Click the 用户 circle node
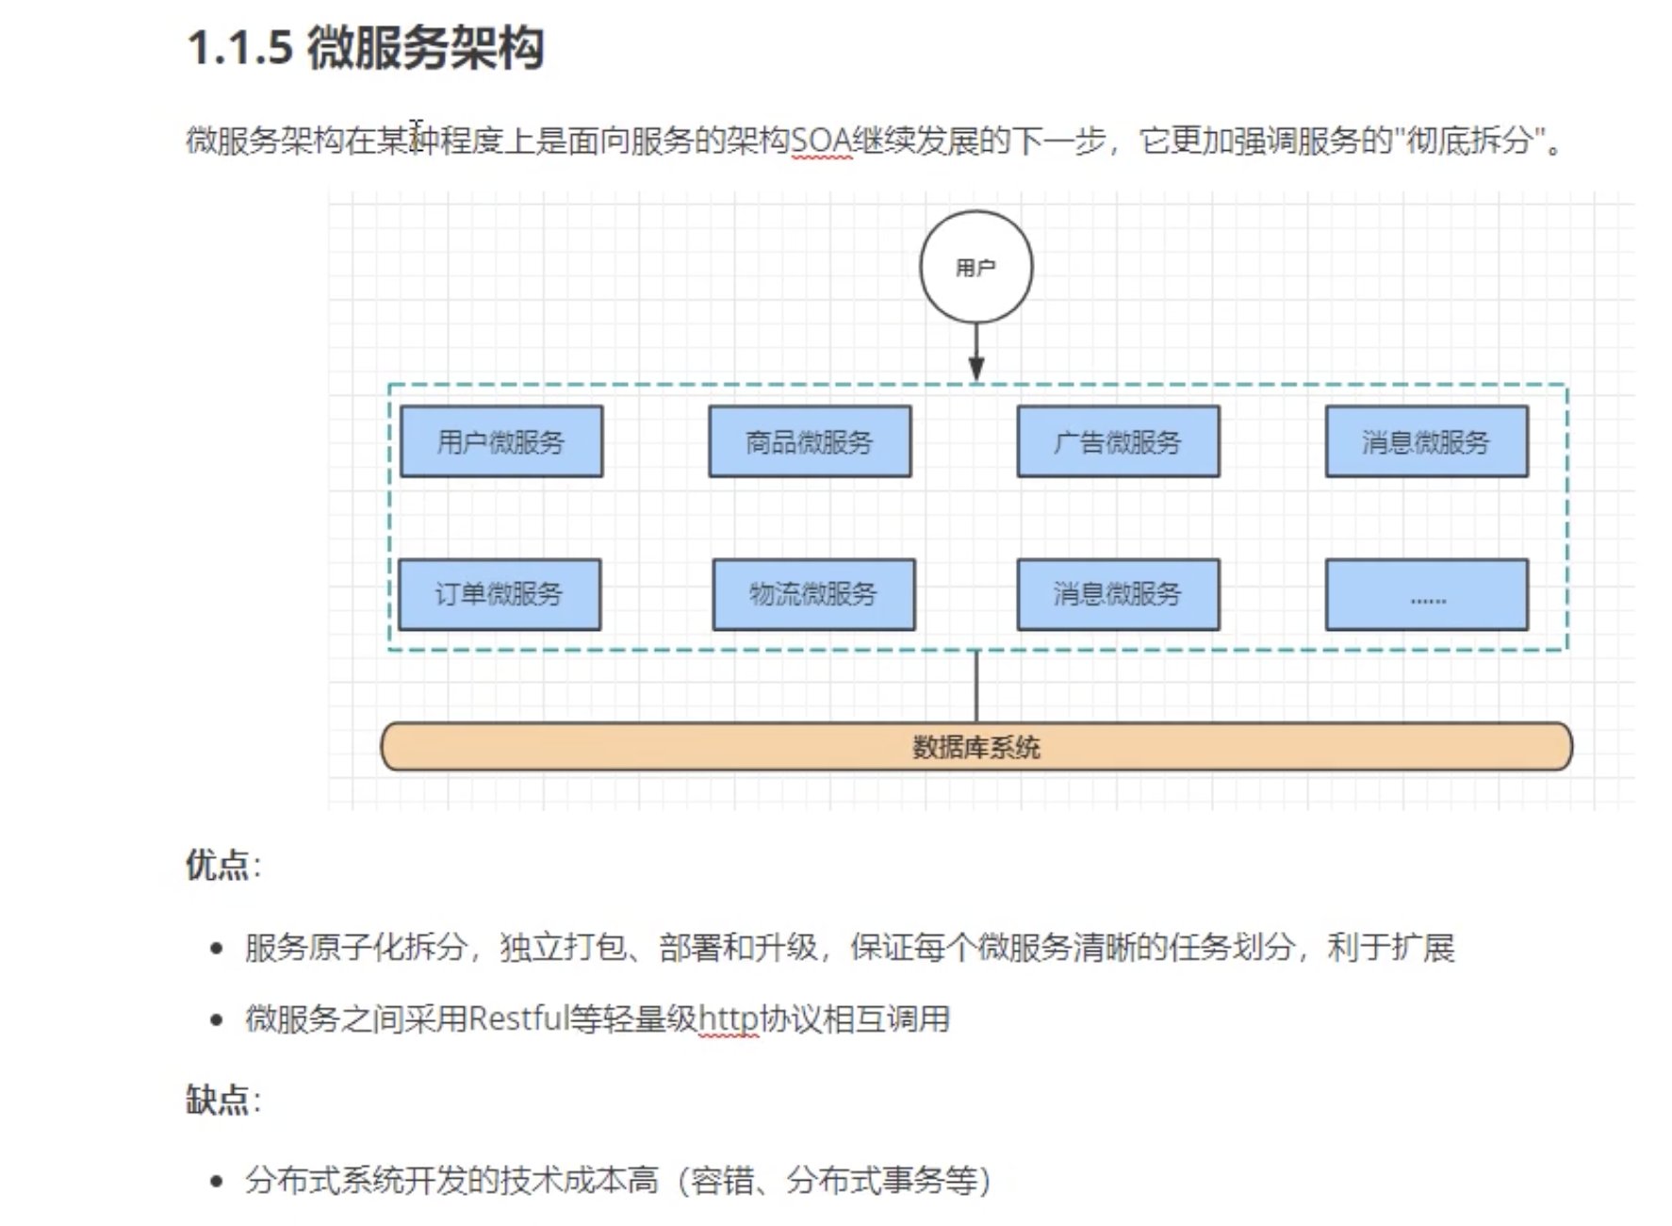tap(975, 267)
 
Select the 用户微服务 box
tap(500, 441)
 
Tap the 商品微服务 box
tap(810, 441)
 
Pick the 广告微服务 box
tap(1118, 441)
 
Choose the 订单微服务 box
tap(499, 594)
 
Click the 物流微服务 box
tap(813, 594)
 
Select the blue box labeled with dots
tap(1426, 594)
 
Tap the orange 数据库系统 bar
tap(975, 747)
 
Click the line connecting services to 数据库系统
tap(976, 687)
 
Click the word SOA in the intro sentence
tap(821, 141)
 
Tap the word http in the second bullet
tap(729, 1019)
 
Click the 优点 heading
tap(218, 865)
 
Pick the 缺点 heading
tap(218, 1100)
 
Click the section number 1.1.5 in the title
tap(240, 47)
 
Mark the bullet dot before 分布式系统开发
tap(218, 1181)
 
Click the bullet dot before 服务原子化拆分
tap(218, 948)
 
